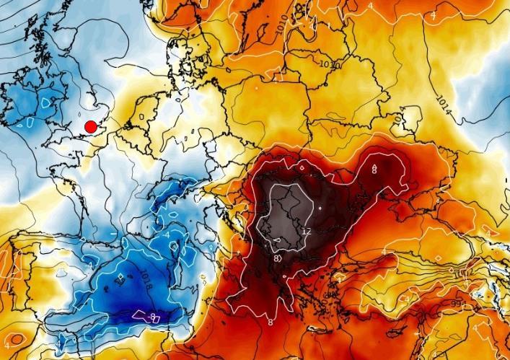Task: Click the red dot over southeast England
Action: pos(90,127)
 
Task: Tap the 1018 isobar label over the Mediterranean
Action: pos(146,277)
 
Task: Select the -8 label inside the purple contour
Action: pos(153,316)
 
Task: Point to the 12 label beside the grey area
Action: pos(306,232)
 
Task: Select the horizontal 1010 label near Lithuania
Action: pos(330,64)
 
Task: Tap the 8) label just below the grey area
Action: pos(277,258)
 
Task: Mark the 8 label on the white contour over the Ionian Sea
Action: pos(271,322)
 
